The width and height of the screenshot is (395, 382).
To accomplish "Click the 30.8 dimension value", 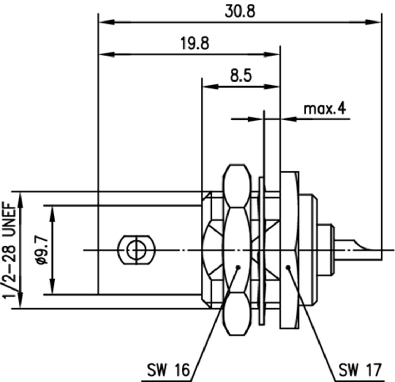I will click(x=240, y=11).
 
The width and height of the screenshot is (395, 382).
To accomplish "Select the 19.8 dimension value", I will click(x=195, y=44).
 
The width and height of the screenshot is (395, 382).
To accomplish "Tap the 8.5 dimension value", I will click(x=241, y=76).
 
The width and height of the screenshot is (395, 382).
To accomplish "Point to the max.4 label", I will click(x=325, y=108).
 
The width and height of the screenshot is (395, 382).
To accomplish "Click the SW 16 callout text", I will click(x=168, y=371).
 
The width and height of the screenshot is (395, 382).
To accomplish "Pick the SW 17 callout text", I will click(x=360, y=371).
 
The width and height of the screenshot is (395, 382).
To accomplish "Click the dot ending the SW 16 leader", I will click(x=238, y=267).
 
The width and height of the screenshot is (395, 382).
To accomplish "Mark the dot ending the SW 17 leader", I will click(x=288, y=267).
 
